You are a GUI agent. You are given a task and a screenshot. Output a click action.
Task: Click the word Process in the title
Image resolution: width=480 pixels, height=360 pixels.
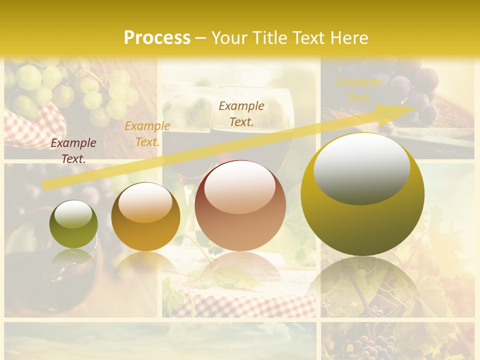pos(157,38)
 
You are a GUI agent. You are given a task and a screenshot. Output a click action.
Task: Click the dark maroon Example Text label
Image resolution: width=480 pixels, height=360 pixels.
pos(73,150)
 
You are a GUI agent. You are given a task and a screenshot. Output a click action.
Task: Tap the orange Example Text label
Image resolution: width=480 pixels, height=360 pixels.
pos(147,134)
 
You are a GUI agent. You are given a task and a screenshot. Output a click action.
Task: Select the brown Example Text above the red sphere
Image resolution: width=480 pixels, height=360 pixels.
pos(241,113)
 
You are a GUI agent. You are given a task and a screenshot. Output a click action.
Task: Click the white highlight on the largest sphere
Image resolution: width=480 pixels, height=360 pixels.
pos(361,167)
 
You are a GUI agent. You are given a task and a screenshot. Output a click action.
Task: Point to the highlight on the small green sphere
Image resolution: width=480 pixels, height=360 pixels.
pos(73,214)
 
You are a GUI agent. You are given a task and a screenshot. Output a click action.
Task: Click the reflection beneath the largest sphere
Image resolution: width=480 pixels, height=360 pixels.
pos(362,285)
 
